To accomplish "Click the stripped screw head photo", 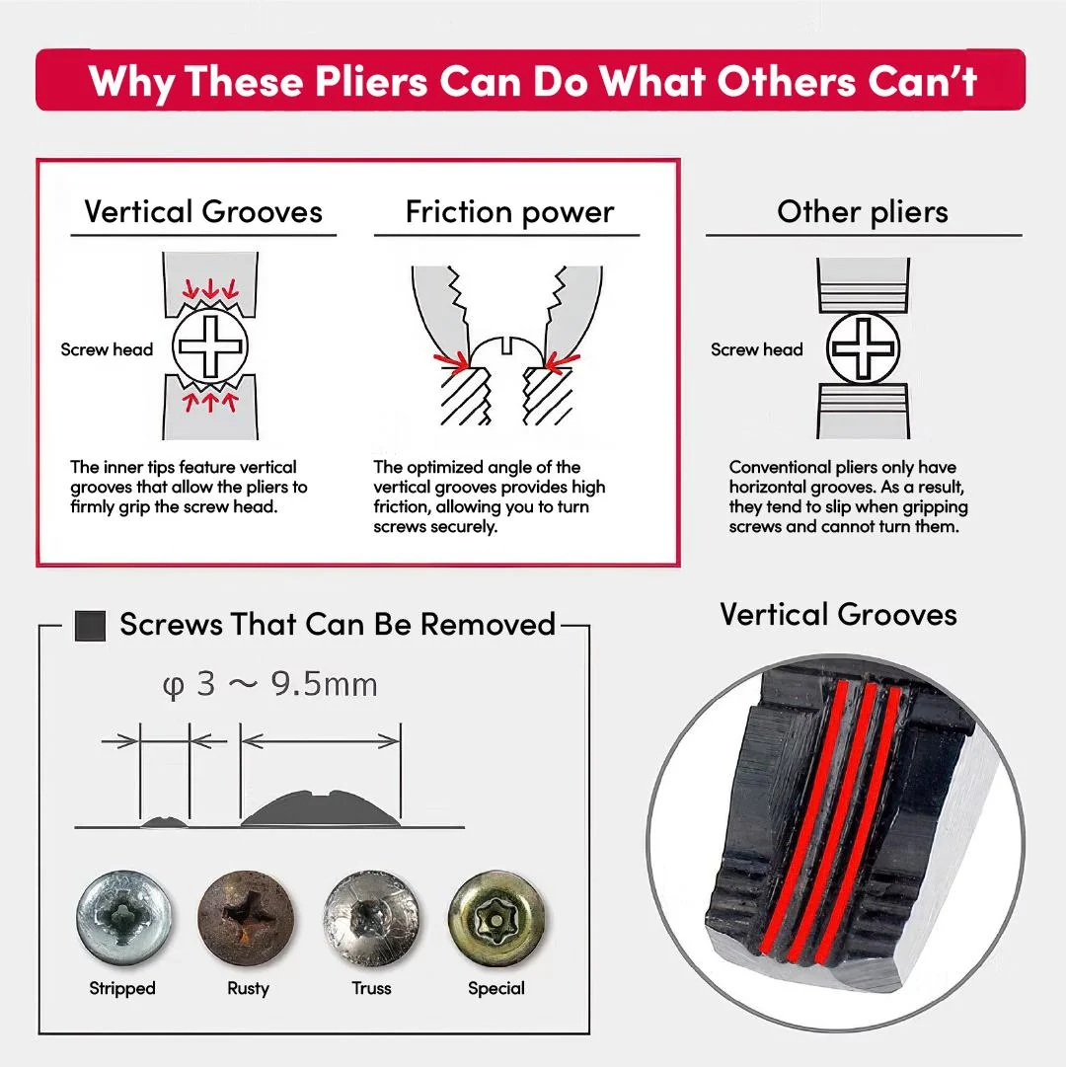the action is click(122, 919).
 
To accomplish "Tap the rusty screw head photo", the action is click(247, 919).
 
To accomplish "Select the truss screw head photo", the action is click(371, 919).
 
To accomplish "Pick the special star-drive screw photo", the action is click(496, 919).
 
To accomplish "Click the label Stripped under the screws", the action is click(122, 988).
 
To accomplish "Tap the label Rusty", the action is click(249, 988).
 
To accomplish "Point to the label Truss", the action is click(371, 988).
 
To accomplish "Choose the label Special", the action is click(496, 988).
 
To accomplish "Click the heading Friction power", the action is click(509, 212).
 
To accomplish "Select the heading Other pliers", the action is click(862, 212).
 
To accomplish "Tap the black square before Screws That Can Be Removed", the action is click(91, 626).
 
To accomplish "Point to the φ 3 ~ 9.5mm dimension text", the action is click(269, 685).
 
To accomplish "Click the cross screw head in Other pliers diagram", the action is click(863, 347).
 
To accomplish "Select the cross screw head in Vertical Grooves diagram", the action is click(209, 345).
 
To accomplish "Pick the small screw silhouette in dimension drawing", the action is click(164, 822).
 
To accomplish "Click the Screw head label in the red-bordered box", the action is click(107, 349).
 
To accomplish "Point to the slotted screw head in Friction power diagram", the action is click(506, 349).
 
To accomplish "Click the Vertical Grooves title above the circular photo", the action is click(838, 615).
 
